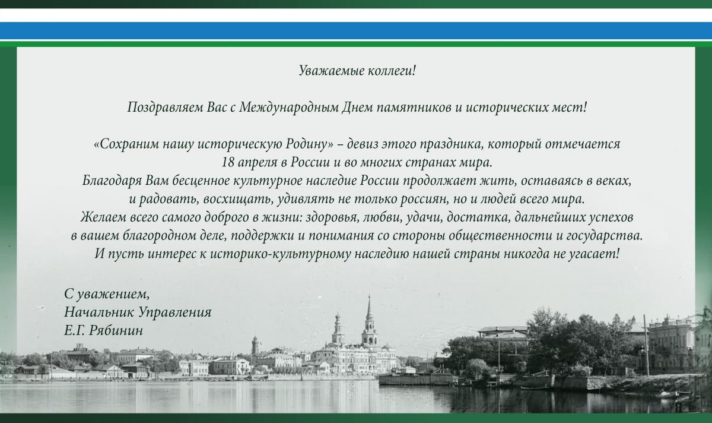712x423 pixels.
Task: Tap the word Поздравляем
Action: [x=165, y=108]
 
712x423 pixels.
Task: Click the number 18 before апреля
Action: [x=228, y=162]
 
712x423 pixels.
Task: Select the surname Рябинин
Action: [x=116, y=330]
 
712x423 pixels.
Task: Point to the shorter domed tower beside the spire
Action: [x=338, y=329]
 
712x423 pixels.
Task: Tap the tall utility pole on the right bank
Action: [x=646, y=346]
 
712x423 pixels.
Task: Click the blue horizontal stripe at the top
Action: [x=356, y=30]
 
